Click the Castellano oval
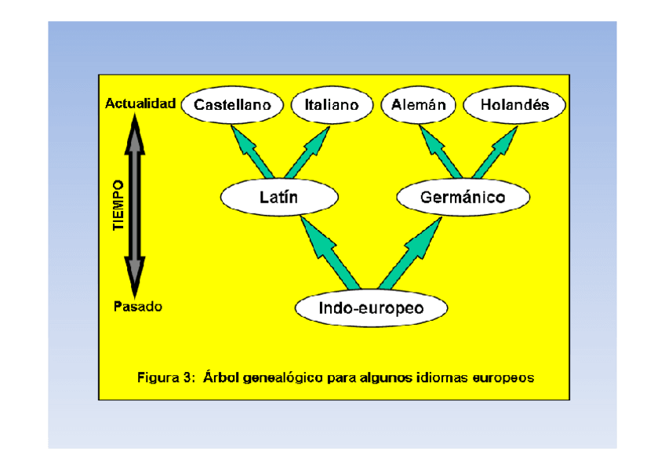click(x=232, y=104)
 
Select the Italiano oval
click(x=331, y=104)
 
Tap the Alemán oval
click(x=418, y=104)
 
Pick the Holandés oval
click(x=514, y=104)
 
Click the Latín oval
click(x=278, y=198)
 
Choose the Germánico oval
click(x=463, y=198)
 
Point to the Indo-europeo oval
click(x=371, y=308)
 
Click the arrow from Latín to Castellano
click(x=254, y=153)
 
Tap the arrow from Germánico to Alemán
click(x=442, y=153)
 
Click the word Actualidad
click(x=140, y=104)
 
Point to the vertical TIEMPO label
click(x=118, y=205)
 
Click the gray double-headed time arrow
click(x=136, y=205)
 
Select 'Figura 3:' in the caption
click(x=165, y=377)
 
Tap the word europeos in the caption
click(x=503, y=377)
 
